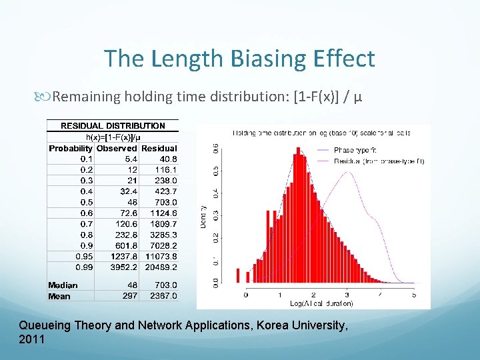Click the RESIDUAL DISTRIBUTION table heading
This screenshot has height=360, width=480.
[x=113, y=125]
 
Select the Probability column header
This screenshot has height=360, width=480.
[x=71, y=148]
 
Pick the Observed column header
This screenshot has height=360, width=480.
[x=117, y=148]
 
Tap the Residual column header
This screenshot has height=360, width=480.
[x=159, y=148]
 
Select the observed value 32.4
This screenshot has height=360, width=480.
[x=128, y=191]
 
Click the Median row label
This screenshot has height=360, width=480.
[x=63, y=285]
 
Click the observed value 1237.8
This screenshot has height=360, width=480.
[x=122, y=256]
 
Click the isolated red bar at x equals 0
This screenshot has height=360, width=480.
[x=238, y=276]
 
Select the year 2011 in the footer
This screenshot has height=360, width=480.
[x=32, y=339]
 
